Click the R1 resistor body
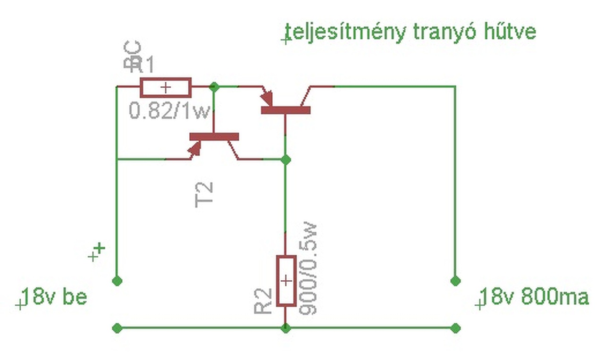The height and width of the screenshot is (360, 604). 166,87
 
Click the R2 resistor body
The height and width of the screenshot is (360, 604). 285,281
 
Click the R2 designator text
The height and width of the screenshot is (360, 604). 263,301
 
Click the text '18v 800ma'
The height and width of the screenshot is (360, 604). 536,298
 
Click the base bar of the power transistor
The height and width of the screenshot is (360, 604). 285,110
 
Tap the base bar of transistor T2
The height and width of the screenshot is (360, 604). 214,137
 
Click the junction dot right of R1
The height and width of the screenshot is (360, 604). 214,86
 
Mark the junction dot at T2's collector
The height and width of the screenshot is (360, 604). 285,159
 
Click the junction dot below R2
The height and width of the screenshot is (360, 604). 285,328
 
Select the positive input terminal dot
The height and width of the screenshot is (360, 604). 117,281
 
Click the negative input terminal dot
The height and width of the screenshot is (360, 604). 117,328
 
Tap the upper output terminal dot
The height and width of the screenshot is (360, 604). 455,281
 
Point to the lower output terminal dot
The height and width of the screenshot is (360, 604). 455,328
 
